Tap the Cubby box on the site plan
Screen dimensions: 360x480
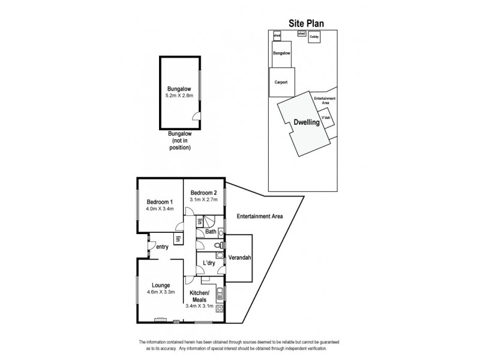pos(314,37)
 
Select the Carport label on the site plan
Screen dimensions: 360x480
pos(281,82)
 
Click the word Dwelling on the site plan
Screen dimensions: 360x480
pos(306,123)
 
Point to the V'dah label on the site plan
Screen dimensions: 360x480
pos(326,118)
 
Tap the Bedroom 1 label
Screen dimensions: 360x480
pos(160,202)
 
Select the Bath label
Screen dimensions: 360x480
pos(211,231)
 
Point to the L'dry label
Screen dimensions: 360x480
pos(209,263)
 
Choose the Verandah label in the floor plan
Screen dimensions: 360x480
pos(238,258)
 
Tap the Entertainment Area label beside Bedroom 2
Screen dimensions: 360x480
pos(259,216)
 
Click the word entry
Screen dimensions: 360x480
pos(162,247)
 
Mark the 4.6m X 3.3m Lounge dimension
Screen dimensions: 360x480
pos(160,292)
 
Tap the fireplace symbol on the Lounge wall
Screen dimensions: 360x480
pos(160,319)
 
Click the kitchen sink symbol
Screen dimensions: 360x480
pos(220,294)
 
